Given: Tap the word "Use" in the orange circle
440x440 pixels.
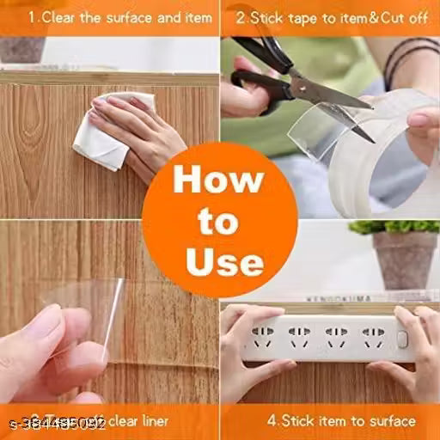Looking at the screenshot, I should coord(219,260).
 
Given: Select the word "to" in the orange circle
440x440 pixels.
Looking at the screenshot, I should coord(219,222).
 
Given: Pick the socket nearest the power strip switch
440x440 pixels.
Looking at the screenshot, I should coord(372,334).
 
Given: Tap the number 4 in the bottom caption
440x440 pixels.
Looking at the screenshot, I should coord(272,421).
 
